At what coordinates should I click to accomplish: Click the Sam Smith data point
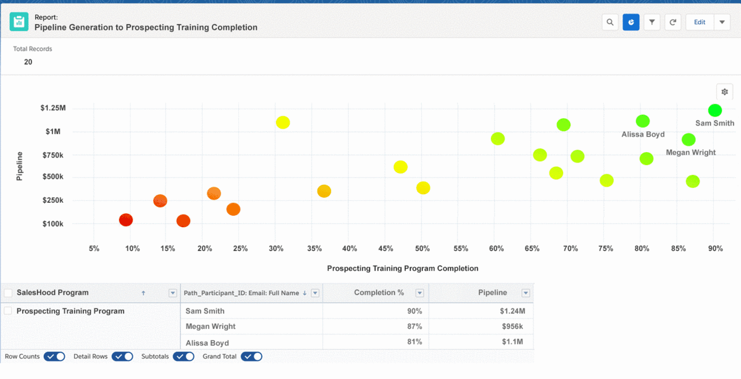(715, 110)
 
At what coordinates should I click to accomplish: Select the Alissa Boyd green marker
(643, 121)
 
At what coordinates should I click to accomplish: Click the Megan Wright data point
(689, 140)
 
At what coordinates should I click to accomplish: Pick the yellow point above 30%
(283, 122)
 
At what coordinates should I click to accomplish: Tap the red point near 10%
(126, 220)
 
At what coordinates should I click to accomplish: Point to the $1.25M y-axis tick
(53, 108)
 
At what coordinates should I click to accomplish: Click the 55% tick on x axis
(461, 249)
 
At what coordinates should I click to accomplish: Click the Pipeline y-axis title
(20, 166)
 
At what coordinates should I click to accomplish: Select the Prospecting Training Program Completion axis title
(403, 268)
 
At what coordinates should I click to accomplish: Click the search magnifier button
(610, 22)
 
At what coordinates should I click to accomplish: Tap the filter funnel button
(651, 22)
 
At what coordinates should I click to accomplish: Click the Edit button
(700, 22)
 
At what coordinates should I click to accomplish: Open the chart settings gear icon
(725, 92)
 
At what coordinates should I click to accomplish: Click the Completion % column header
(375, 292)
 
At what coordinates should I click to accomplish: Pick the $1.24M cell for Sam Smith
(513, 311)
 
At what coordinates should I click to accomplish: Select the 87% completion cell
(414, 326)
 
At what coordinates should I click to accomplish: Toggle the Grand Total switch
(252, 357)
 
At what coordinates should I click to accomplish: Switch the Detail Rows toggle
(123, 357)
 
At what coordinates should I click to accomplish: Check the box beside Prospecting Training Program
(8, 311)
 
